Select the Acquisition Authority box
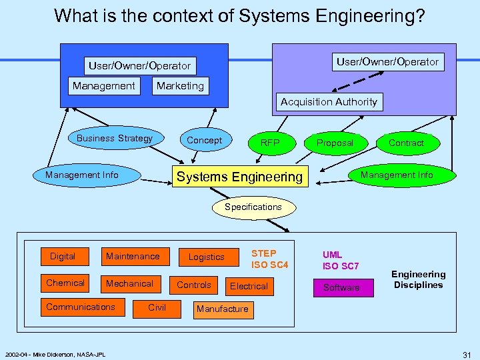pos(329,102)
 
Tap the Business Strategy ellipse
pos(115,139)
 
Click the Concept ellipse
pos(204,140)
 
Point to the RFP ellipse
pos(270,143)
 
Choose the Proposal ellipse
pos(335,143)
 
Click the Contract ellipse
pos(406,143)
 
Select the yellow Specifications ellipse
pos(253,207)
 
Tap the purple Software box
pos(341,288)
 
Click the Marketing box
pos(180,86)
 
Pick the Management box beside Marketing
pos(104,86)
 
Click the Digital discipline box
pos(63,256)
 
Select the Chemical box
pos(65,283)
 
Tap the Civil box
pos(157,307)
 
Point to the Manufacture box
pos(222,309)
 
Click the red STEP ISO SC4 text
pos(269,259)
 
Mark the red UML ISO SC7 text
pos(341,261)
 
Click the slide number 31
pos(467,353)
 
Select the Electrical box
pos(249,287)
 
